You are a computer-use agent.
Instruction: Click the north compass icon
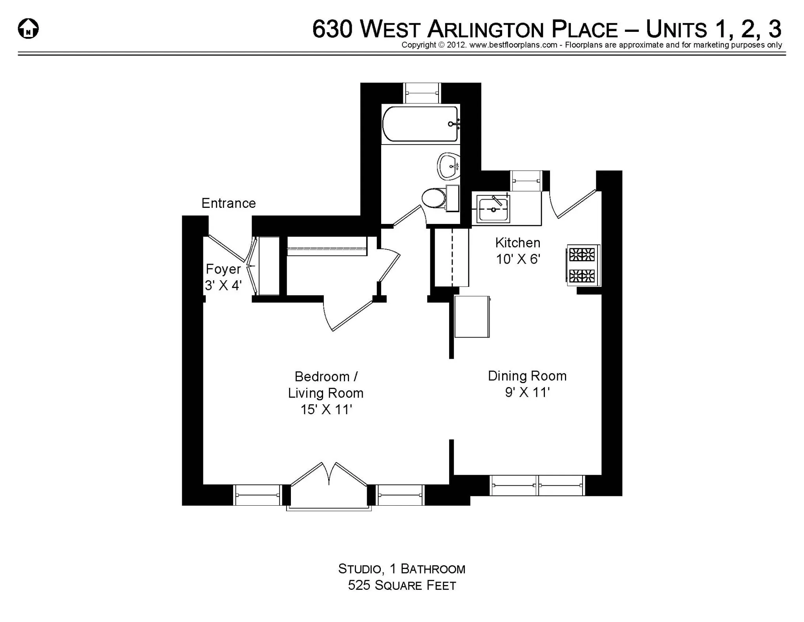click(28, 29)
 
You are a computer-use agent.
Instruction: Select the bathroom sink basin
click(448, 166)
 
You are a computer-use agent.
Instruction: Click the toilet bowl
click(433, 198)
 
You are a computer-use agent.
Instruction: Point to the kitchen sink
click(493, 209)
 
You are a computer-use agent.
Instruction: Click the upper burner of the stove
click(582, 255)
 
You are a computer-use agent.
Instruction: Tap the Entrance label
click(228, 203)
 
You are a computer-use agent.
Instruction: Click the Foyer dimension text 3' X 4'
click(223, 285)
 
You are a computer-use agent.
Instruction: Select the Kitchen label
click(517, 243)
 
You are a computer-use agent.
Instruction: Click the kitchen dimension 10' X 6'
click(518, 259)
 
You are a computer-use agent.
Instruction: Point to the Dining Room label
click(527, 376)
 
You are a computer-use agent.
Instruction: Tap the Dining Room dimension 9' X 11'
click(527, 392)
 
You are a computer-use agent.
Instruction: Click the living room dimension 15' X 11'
click(326, 410)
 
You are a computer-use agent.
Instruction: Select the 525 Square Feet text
click(402, 585)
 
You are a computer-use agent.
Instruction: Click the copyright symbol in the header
click(441, 45)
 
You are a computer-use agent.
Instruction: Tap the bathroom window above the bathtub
click(422, 93)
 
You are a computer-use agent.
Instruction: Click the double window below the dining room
click(537, 485)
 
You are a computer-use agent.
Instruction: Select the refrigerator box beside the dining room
click(472, 317)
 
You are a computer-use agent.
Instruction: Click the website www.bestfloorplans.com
click(513, 45)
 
